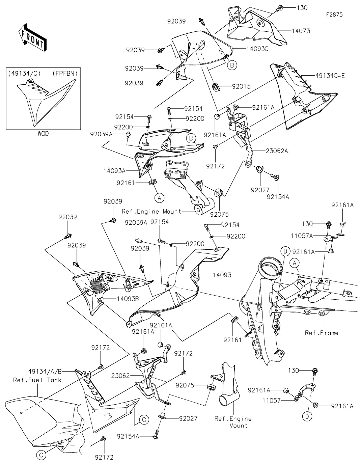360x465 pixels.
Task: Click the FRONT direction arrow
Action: (32, 37)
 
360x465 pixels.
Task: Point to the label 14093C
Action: (257, 49)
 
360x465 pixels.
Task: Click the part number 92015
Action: (241, 86)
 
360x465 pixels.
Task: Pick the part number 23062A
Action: (276, 151)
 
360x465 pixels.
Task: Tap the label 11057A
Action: (302, 236)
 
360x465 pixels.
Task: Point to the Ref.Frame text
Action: (321, 333)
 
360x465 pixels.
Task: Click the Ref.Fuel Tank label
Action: (37, 380)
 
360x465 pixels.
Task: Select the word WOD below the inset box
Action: (43, 134)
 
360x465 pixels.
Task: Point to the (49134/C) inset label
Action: (21, 73)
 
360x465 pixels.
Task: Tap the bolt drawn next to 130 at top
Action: (280, 8)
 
